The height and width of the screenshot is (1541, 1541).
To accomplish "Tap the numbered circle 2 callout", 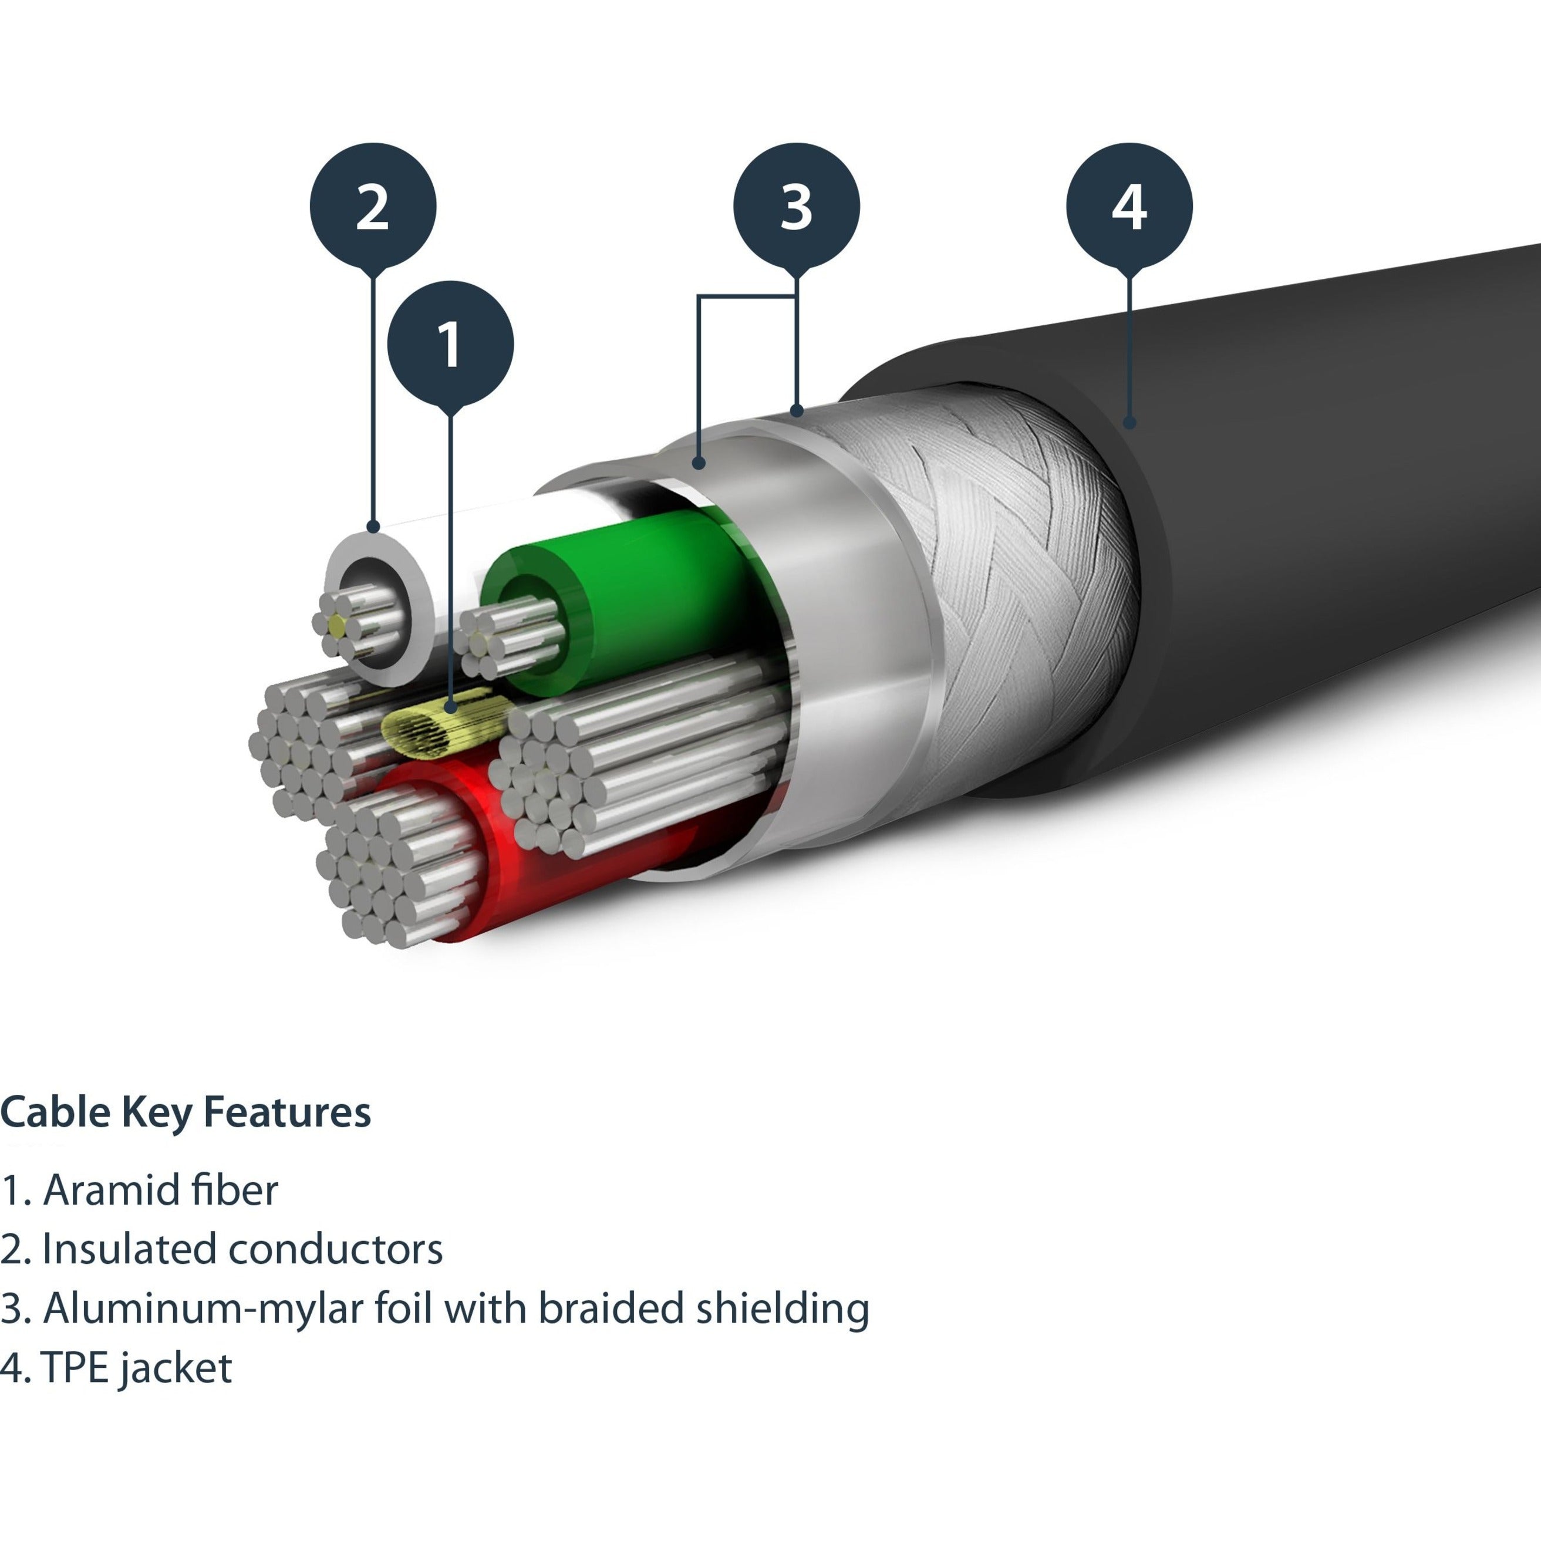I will click(x=373, y=206).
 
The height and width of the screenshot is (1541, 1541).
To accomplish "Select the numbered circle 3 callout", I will click(x=796, y=206).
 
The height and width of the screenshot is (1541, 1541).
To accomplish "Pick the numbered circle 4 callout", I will click(x=1129, y=206).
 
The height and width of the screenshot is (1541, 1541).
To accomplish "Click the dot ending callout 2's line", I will click(x=373, y=527).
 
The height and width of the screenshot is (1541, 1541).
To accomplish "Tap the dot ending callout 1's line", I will click(x=451, y=707).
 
